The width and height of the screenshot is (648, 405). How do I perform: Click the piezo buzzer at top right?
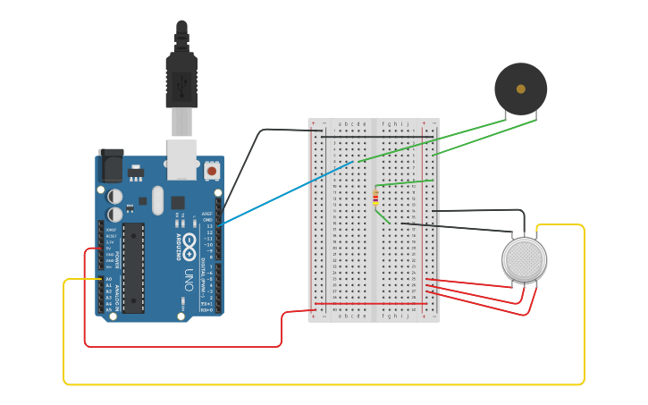[x=520, y=89]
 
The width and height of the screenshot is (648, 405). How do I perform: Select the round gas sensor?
[x=524, y=259]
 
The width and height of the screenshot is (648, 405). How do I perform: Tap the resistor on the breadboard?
[x=374, y=198]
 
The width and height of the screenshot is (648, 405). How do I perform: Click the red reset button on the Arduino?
[x=212, y=169]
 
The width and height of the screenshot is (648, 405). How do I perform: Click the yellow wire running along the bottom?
[x=322, y=384]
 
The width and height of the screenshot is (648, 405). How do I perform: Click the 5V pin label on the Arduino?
[x=109, y=248]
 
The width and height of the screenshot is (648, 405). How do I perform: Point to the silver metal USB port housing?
[x=182, y=153]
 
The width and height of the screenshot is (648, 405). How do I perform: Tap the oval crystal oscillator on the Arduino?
[x=158, y=200]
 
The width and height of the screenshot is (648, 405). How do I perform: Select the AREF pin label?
[x=207, y=215]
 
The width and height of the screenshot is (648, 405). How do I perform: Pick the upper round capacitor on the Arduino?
[x=115, y=196]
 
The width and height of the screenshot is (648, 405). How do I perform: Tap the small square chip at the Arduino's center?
[x=178, y=203]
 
